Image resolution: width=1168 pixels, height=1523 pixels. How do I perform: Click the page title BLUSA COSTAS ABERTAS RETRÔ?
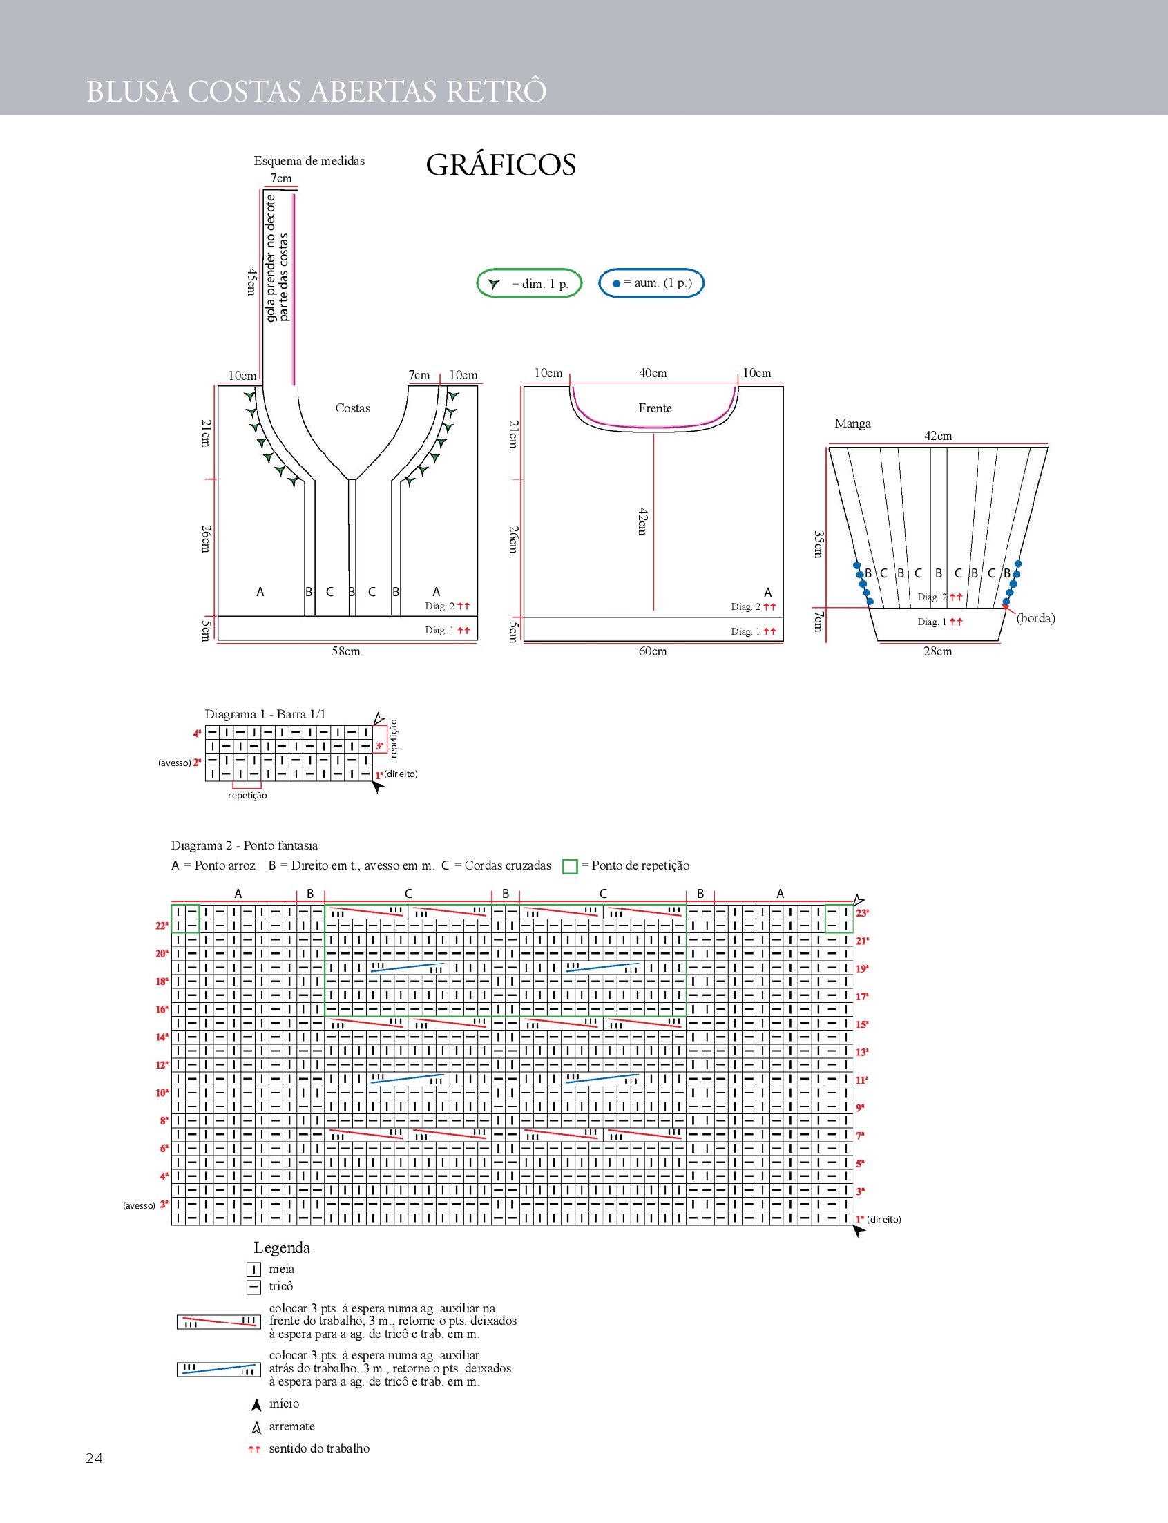click(316, 91)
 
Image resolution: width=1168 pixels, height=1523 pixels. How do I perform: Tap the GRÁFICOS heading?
click(501, 165)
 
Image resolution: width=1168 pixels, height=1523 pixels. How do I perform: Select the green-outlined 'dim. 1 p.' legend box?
click(529, 283)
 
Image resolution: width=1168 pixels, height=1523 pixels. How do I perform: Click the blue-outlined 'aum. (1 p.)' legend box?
click(651, 283)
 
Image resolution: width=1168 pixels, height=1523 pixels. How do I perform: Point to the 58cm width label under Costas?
click(345, 651)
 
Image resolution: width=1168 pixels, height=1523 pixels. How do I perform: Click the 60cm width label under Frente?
click(653, 651)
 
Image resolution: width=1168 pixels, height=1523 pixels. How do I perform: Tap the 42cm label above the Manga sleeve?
click(938, 436)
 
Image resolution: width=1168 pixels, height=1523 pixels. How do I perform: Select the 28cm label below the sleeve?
click(938, 651)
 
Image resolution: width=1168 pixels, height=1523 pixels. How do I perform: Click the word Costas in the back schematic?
click(352, 408)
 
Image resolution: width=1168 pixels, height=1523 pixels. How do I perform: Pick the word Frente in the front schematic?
click(655, 408)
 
